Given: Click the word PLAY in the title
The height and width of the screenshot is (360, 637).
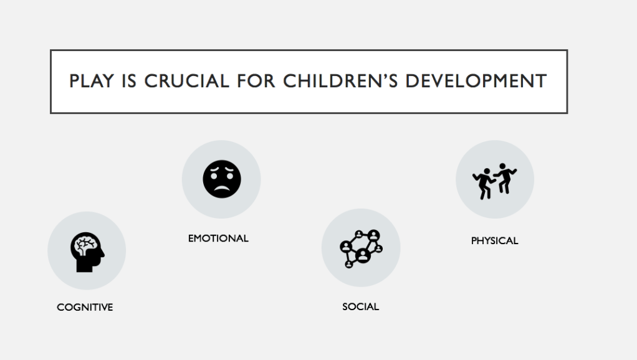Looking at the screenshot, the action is (92, 81).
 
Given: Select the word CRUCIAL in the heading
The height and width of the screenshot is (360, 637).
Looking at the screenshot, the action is (186, 81).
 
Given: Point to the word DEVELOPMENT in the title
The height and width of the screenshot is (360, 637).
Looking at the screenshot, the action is (476, 81).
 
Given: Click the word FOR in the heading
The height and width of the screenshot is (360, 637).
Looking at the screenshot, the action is (256, 81).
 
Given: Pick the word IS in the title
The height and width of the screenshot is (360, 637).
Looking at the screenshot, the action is (129, 81).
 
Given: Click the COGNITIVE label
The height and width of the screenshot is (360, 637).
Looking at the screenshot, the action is (85, 307).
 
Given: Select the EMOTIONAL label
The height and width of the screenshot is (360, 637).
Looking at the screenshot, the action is (218, 239).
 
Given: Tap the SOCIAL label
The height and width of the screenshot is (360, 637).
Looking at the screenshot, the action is (361, 307).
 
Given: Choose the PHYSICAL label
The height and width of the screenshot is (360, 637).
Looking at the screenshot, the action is (494, 240).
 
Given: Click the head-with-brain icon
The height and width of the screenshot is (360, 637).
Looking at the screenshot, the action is (87, 252).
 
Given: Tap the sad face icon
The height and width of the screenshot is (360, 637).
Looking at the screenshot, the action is (222, 179).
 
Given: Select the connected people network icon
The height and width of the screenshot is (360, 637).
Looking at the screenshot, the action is (361, 249).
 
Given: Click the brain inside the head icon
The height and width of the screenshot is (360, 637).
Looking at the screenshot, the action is (86, 245).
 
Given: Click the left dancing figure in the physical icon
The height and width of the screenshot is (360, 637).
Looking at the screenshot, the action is (484, 184).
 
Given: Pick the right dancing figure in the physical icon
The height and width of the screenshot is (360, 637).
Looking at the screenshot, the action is (505, 178).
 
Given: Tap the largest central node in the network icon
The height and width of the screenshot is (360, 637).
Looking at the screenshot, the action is (363, 255).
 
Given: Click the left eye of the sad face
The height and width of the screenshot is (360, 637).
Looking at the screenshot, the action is (213, 176).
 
